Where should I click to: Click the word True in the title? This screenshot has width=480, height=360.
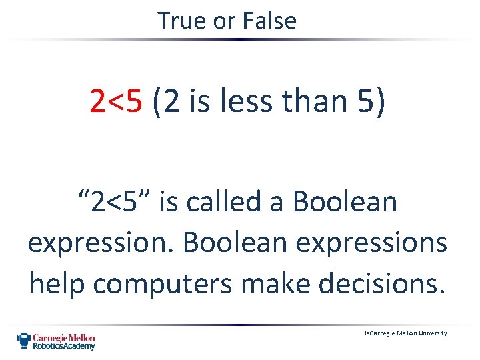point(183,21)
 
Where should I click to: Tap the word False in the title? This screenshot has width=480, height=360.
point(270,21)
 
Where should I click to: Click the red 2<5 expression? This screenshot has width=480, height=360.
point(117,101)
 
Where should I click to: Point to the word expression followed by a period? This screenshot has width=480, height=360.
point(101,243)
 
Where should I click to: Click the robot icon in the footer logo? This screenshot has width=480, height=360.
point(24,341)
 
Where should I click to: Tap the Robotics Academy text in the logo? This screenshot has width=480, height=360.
point(65,346)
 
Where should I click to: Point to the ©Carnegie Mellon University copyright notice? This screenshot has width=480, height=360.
point(405,333)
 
